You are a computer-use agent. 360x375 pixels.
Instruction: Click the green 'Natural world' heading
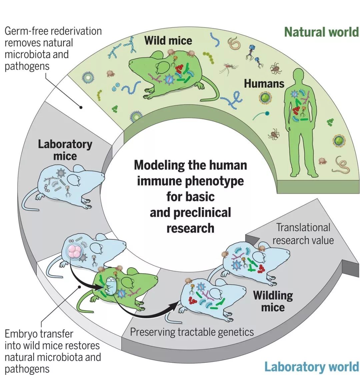point(321,32)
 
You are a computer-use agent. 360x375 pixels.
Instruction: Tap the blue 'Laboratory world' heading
point(311,366)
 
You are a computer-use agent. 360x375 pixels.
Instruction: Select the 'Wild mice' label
point(168,41)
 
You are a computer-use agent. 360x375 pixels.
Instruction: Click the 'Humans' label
point(264,83)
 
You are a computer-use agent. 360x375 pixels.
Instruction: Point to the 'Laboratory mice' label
point(65,150)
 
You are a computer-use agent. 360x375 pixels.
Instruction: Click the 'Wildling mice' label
point(273,301)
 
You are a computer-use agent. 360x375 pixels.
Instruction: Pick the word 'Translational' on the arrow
point(303,227)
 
